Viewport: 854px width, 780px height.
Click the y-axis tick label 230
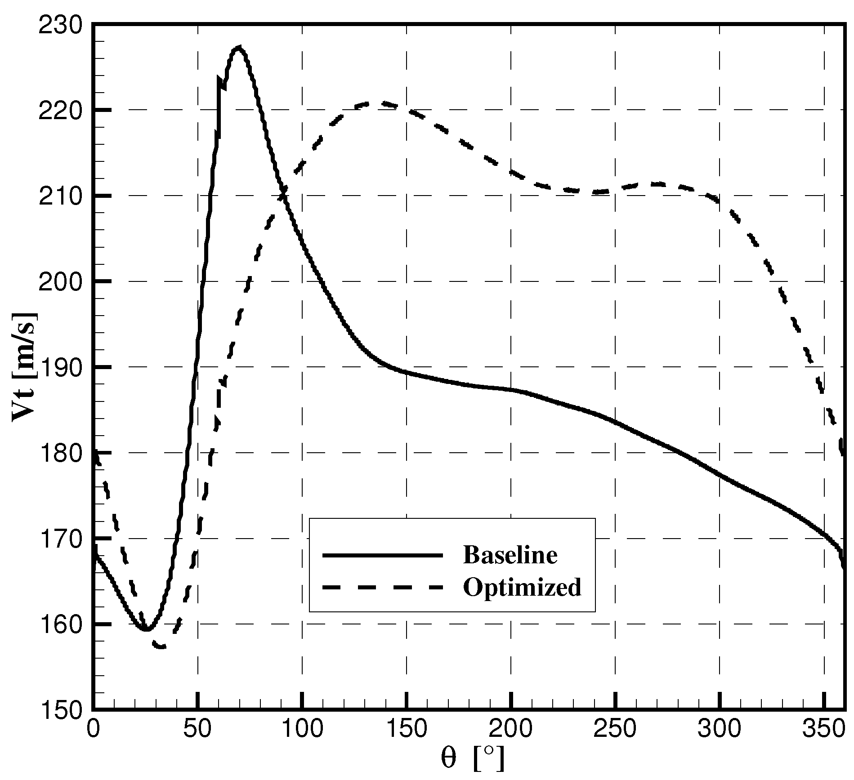click(60, 25)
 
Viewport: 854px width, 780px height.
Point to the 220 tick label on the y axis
click(60, 111)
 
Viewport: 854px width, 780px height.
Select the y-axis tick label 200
click(60, 282)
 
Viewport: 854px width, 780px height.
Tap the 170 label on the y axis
click(60, 539)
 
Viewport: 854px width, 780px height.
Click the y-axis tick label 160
click(60, 624)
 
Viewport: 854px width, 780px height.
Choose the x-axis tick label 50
click(197, 730)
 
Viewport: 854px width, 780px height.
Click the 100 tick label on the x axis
click(302, 730)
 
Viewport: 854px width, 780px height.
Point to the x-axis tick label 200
click(511, 730)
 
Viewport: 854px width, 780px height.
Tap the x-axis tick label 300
click(720, 730)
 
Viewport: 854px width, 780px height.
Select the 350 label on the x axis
click(824, 730)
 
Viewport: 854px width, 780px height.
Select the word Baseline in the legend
click(510, 555)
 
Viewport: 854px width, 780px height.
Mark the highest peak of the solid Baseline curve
click(239, 47)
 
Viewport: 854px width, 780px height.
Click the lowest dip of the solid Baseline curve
click(146, 628)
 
